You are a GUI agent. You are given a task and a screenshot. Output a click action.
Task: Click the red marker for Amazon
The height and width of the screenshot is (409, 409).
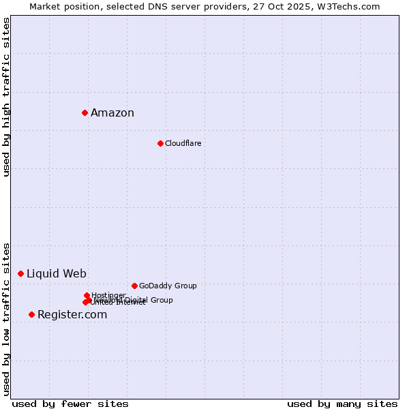(85, 112)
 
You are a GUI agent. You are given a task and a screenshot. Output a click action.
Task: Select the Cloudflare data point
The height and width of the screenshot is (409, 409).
(160, 143)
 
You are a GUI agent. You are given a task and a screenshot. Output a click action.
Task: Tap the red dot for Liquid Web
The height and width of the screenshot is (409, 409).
(20, 273)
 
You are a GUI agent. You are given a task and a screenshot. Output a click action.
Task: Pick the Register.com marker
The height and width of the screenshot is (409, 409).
(31, 314)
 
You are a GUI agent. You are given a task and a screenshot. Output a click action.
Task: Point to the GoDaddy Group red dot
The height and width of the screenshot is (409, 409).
(134, 286)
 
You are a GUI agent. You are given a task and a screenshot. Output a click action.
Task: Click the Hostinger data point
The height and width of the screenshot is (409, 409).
(87, 295)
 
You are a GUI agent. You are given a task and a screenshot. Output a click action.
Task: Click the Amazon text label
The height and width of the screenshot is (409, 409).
(112, 113)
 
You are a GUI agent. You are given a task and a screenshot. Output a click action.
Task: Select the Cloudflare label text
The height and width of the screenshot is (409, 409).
(183, 143)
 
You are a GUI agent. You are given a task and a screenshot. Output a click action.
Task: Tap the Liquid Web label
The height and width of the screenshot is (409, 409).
(57, 274)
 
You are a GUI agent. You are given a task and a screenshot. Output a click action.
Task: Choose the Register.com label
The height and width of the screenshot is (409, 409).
(72, 315)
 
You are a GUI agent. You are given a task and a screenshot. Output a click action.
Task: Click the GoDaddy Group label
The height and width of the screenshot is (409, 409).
(168, 286)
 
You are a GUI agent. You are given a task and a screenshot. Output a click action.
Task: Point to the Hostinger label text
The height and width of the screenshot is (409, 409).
(108, 295)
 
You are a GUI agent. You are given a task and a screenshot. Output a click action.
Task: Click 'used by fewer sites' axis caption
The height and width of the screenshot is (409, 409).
(70, 404)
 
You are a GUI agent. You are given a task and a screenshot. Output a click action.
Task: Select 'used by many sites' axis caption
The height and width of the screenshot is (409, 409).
(342, 404)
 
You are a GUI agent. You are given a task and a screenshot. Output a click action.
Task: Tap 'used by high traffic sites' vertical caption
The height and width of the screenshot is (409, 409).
(7, 97)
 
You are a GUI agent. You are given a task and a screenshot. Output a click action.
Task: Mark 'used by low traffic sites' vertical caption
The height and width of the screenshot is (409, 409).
(7, 319)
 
